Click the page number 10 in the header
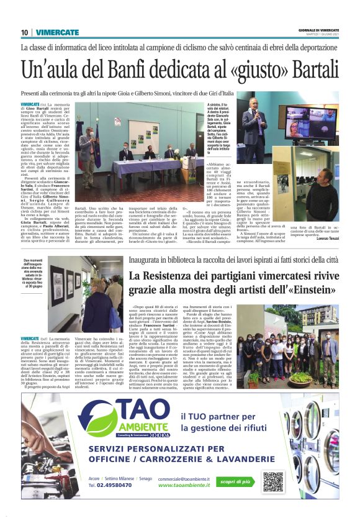point(24,32)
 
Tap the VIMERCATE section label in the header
point(57,32)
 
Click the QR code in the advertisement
point(272,481)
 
